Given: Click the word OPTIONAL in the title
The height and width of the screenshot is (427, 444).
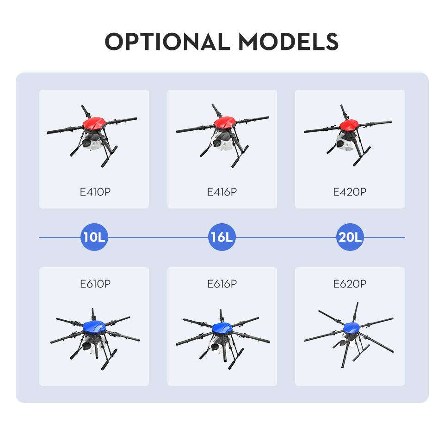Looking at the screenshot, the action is (x=167, y=42).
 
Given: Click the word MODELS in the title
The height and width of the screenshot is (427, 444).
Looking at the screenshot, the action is (x=289, y=42).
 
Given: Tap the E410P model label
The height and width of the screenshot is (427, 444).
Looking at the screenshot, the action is (x=95, y=192).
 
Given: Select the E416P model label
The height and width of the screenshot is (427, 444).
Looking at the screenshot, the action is (x=222, y=192).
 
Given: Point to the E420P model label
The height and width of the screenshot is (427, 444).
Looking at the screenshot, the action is (x=350, y=192).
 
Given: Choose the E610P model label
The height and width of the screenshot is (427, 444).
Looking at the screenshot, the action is (x=95, y=284).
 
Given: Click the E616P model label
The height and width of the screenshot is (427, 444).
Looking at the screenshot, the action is (x=222, y=284).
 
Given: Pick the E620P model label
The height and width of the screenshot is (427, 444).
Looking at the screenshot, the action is (x=350, y=284).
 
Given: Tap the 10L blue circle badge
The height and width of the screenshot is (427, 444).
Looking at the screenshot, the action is (x=94, y=237).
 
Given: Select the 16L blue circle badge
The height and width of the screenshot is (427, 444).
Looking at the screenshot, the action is (x=222, y=237).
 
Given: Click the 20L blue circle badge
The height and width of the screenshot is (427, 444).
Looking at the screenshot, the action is (x=350, y=237).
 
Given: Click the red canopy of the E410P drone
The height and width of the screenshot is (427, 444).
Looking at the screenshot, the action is (x=94, y=123).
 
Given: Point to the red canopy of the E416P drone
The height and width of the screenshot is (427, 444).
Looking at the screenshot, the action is (x=225, y=123).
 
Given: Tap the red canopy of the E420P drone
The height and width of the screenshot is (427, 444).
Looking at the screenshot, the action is (x=349, y=125).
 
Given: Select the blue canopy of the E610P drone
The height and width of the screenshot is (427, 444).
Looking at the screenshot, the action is (x=94, y=327).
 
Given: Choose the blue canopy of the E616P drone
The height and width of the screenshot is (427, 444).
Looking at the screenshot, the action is (x=222, y=328).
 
